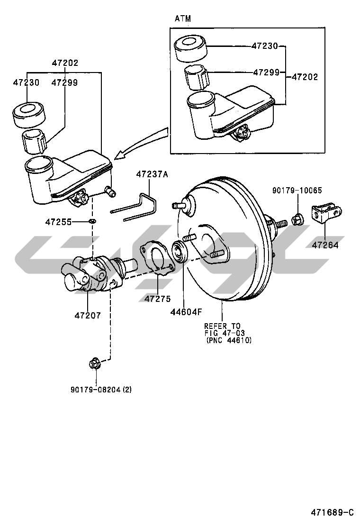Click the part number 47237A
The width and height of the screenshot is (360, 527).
(152, 174)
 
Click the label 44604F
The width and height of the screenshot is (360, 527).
(186, 311)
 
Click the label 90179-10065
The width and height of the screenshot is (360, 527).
(297, 191)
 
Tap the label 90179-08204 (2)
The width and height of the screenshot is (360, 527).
(101, 390)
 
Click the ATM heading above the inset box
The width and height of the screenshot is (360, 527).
(183, 18)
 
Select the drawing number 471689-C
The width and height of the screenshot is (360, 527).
(332, 512)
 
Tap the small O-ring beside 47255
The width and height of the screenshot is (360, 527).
(92, 221)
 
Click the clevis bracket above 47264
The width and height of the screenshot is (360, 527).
(327, 215)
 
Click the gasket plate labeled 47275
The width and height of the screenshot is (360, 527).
(155, 256)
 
